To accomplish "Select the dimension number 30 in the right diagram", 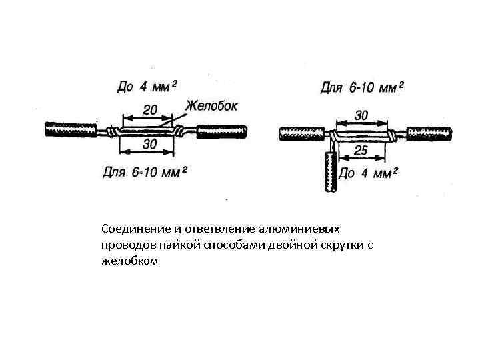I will (x=361, y=115).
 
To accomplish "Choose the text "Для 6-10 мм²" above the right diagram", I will (x=363, y=87).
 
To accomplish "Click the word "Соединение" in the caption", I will (x=131, y=229).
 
